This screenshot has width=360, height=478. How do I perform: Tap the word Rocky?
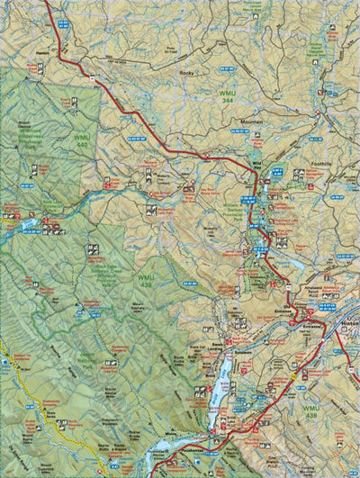186,72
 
